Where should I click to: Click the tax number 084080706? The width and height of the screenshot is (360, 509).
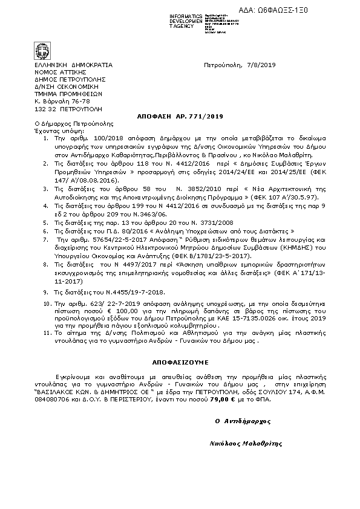tap(51, 400)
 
